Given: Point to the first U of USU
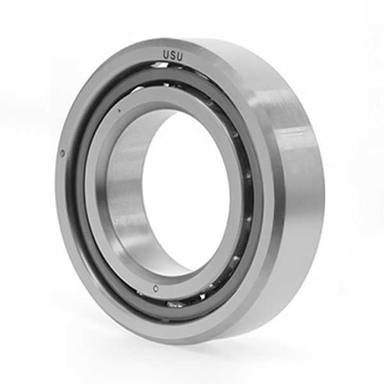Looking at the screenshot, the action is pos(166,56).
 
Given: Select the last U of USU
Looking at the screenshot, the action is pos(179,56).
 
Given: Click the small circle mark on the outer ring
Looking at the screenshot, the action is pos(62,154).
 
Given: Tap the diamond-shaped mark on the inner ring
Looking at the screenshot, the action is pos(155,289).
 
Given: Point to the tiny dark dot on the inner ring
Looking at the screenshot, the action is pos(120,111).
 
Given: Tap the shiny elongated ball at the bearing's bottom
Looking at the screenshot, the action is pos(175,304).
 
